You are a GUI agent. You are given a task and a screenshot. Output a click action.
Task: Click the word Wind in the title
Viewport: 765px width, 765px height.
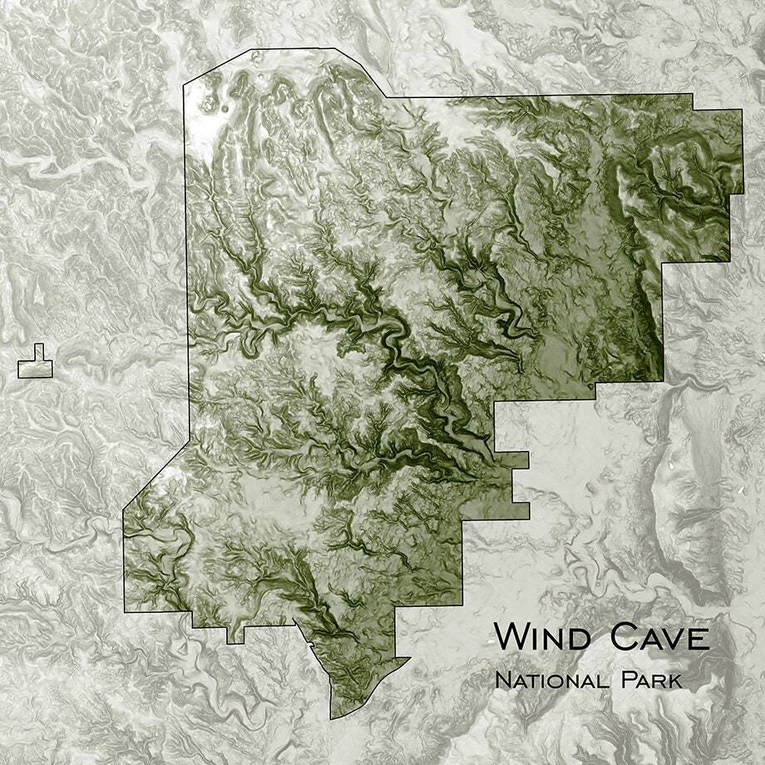tap(545, 638)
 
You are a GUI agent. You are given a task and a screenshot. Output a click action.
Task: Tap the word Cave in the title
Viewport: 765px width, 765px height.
tap(659, 638)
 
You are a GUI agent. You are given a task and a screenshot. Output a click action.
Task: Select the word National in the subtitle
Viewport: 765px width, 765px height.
tap(552, 680)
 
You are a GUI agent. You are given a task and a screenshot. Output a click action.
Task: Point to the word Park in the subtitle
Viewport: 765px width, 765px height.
tap(651, 680)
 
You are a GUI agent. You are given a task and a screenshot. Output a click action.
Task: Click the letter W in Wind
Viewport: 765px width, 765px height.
tap(511, 638)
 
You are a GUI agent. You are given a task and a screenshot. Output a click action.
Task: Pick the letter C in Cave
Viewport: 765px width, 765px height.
tap(623, 638)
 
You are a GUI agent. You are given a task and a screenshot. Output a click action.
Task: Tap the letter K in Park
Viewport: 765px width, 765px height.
tap(674, 680)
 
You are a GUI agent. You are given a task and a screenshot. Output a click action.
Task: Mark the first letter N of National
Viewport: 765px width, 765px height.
tap(501, 680)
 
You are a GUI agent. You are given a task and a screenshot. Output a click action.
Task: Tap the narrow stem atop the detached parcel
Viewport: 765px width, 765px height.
tap(38, 352)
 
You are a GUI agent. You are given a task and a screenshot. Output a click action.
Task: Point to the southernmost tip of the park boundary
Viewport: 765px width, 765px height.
tap(332, 718)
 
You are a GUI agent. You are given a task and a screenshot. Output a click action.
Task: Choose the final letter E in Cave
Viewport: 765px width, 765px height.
tap(699, 639)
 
